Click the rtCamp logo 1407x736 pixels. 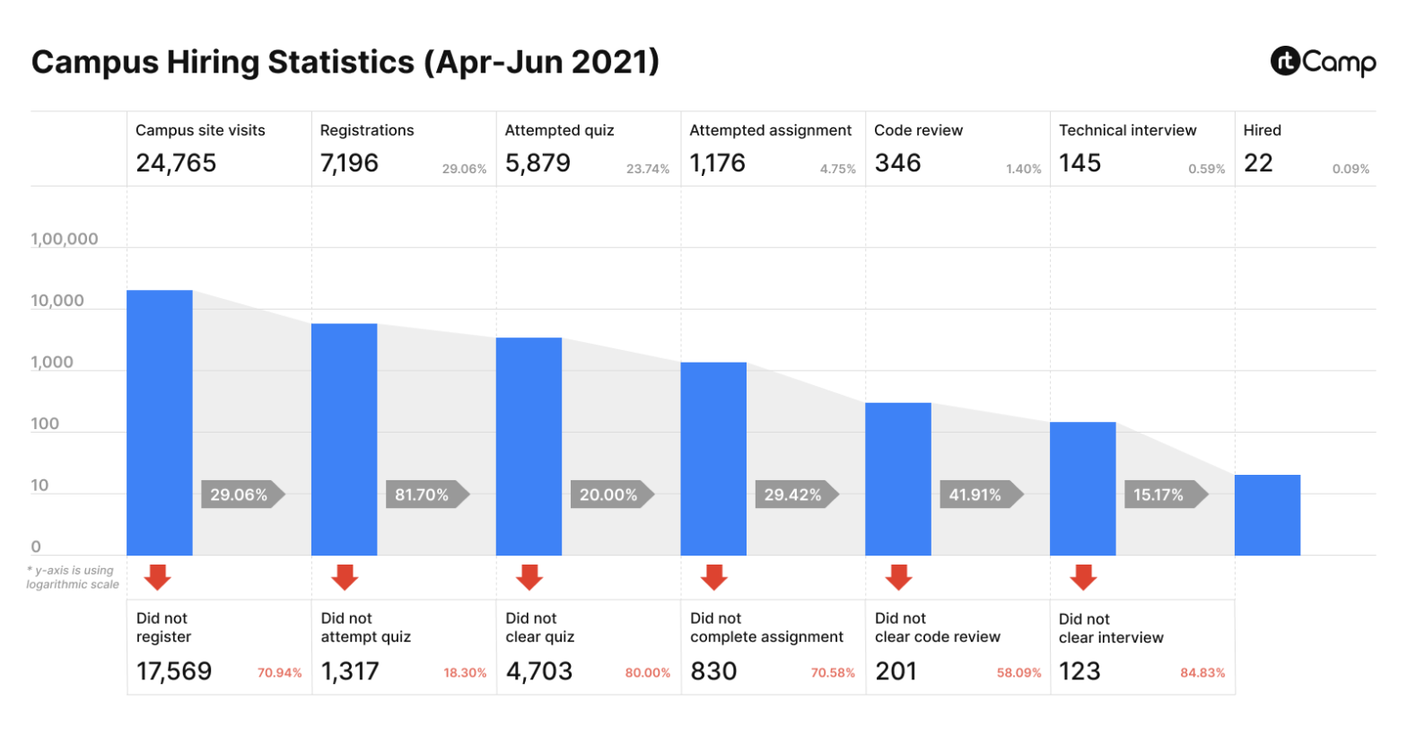[x=1323, y=62]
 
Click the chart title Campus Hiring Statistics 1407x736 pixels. [x=345, y=62]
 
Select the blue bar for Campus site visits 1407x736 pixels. [x=160, y=422]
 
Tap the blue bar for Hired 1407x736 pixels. [x=1267, y=515]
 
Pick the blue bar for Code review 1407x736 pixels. [x=898, y=478]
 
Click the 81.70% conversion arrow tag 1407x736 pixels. [x=426, y=495]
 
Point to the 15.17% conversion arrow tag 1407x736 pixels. [x=1164, y=495]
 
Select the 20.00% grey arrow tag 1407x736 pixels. [x=611, y=495]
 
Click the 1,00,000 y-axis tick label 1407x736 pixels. [x=65, y=239]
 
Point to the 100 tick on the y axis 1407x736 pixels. [x=45, y=424]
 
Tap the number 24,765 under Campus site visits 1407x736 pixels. [x=176, y=163]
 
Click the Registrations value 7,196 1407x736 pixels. [x=349, y=163]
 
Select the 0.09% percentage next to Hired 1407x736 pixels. [x=1350, y=169]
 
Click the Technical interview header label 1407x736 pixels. [x=1127, y=130]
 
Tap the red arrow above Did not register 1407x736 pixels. [x=158, y=577]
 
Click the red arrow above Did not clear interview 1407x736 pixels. [x=1083, y=577]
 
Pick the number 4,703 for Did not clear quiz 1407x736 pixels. [x=539, y=671]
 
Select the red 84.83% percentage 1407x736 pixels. [x=1202, y=672]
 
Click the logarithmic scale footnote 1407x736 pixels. [x=72, y=577]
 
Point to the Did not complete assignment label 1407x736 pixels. [x=766, y=627]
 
